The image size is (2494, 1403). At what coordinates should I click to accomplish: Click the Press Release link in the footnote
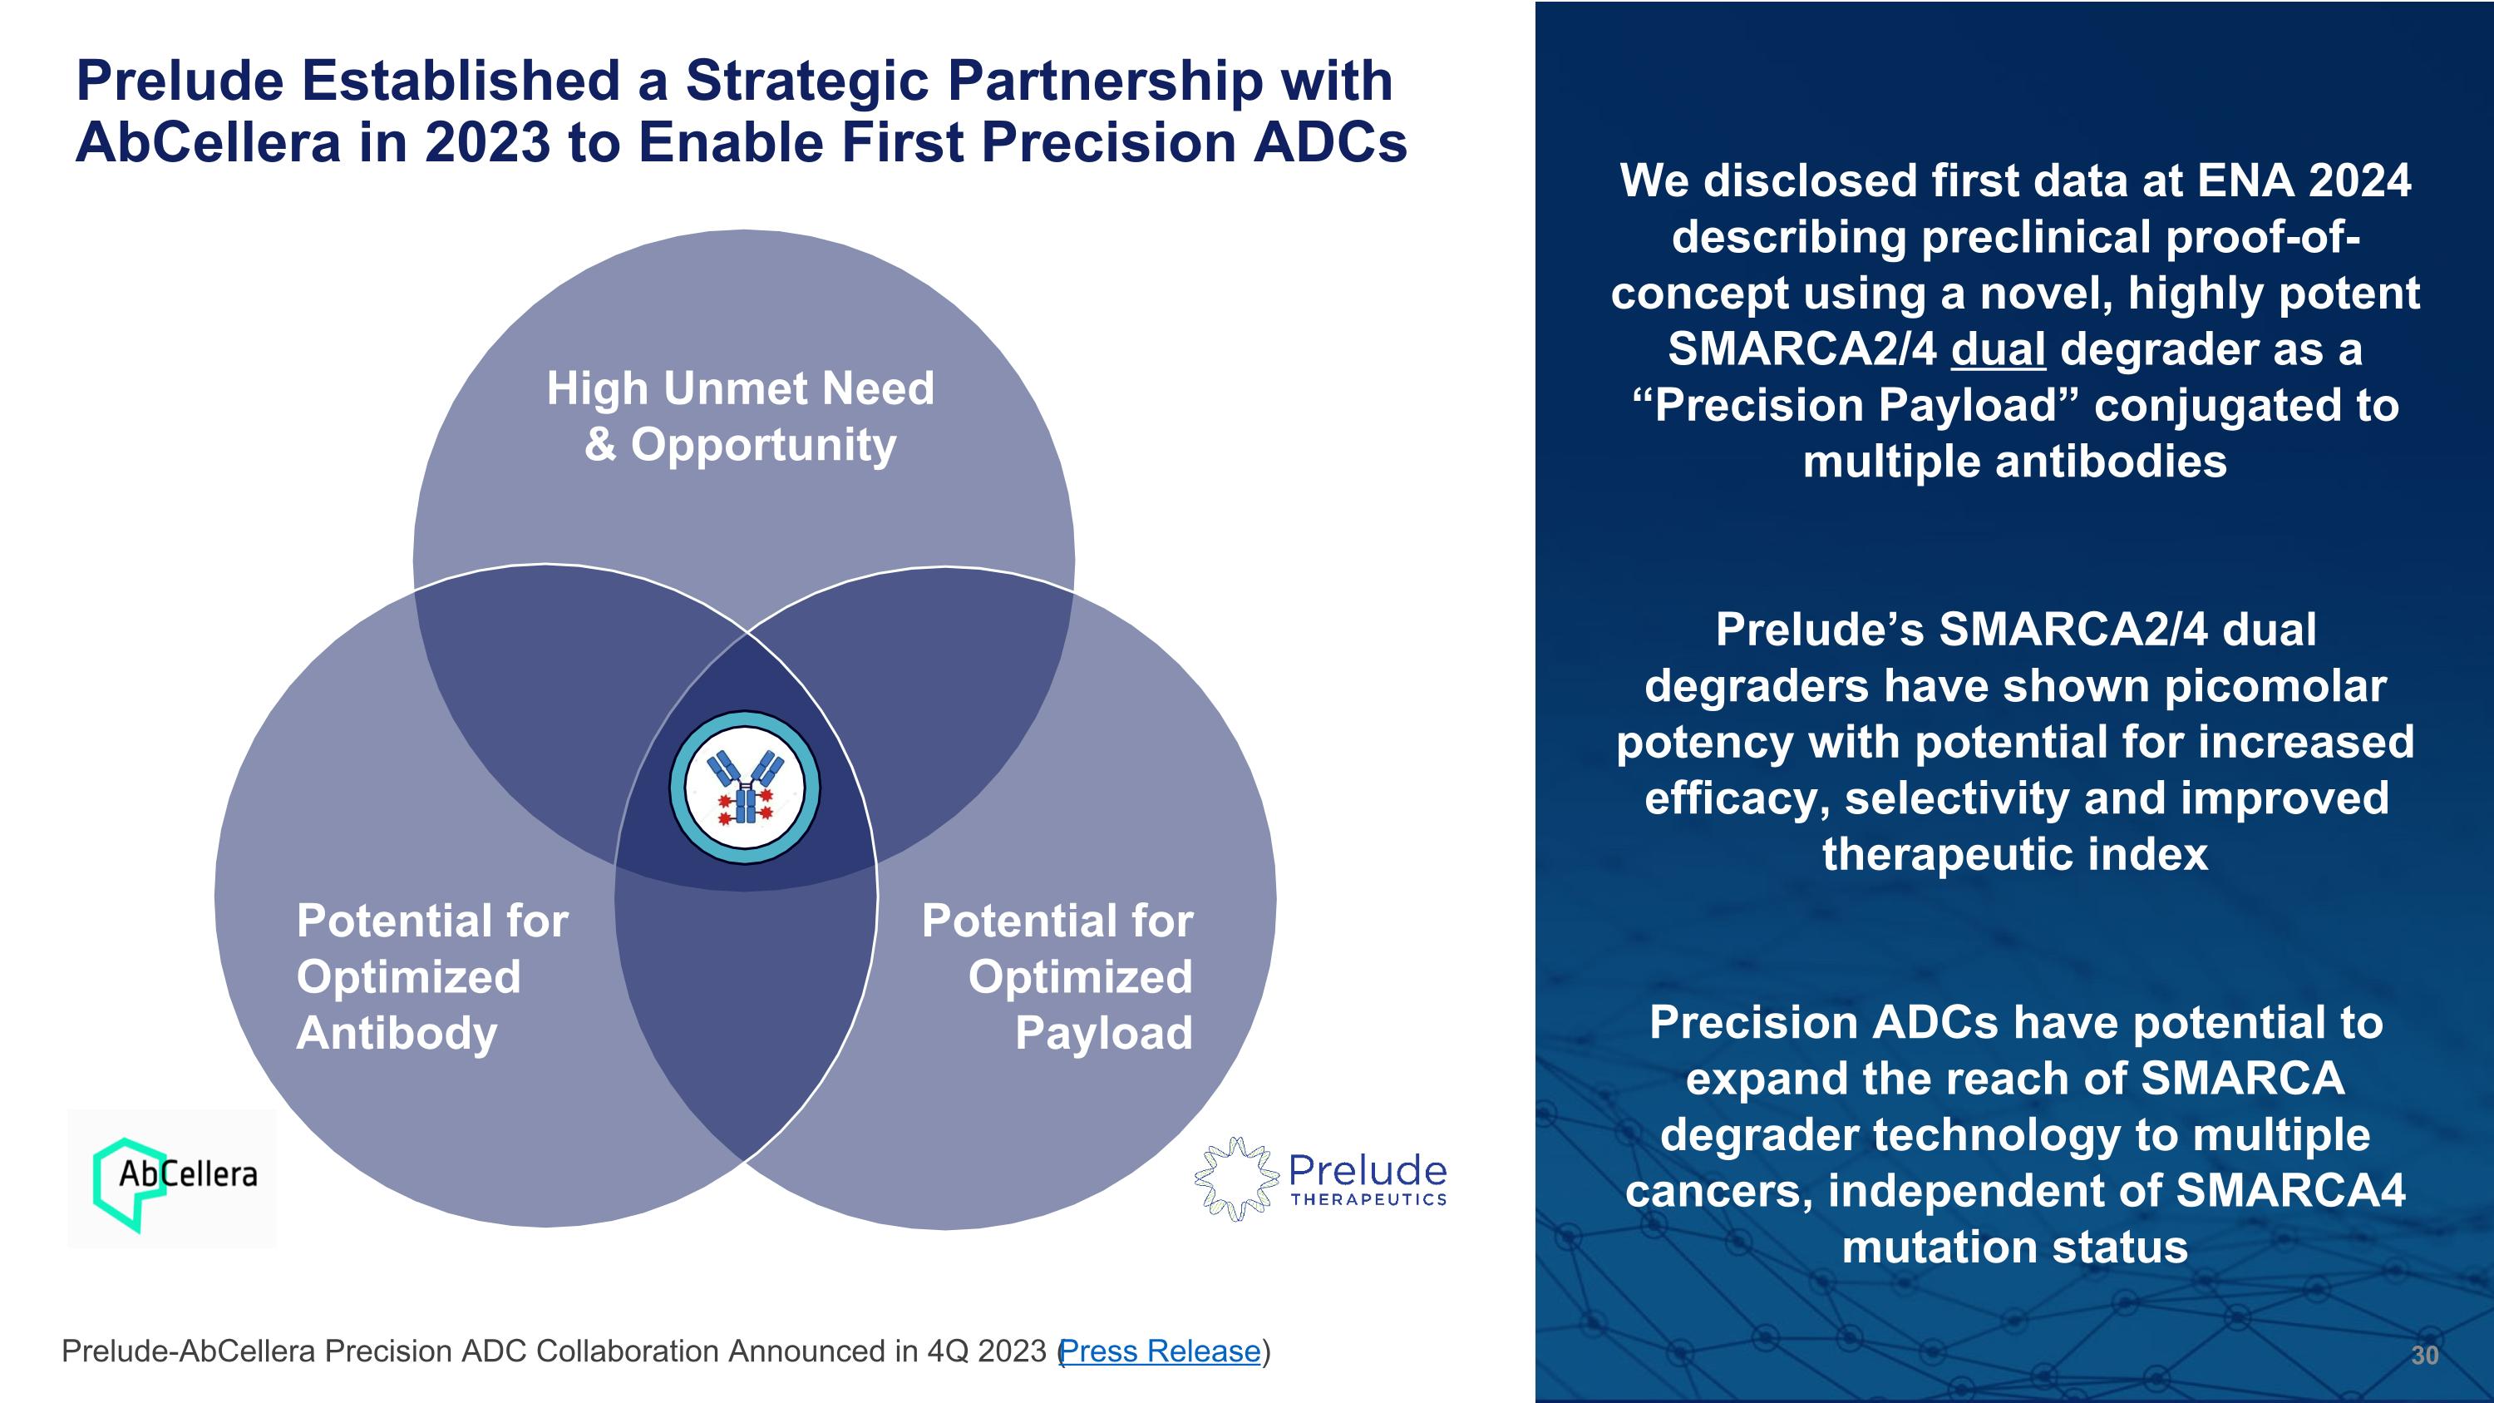click(x=1161, y=1351)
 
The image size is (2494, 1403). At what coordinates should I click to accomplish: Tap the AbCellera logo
click(x=172, y=1178)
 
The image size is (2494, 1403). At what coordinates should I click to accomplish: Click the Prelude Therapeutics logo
click(x=1321, y=1178)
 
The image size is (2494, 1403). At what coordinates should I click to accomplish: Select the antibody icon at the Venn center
click(x=745, y=788)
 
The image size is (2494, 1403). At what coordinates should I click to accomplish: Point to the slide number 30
click(x=2424, y=1355)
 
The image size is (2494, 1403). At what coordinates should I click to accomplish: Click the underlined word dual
click(x=1999, y=349)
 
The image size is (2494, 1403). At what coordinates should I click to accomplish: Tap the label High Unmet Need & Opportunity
click(x=741, y=417)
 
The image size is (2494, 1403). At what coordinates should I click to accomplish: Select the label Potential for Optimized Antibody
click(x=431, y=976)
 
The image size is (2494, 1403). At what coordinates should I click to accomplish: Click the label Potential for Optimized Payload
click(x=1057, y=976)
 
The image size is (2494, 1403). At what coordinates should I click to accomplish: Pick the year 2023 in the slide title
click(x=487, y=142)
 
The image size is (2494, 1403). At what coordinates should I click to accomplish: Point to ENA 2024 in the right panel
click(x=2304, y=181)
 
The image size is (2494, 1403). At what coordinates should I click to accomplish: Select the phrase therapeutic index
click(x=2016, y=854)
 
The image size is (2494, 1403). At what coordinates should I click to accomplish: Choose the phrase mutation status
click(x=2015, y=1247)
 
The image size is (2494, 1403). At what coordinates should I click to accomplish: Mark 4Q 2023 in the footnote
click(x=987, y=1351)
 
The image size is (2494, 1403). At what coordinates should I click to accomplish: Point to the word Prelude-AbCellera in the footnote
click(x=189, y=1351)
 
